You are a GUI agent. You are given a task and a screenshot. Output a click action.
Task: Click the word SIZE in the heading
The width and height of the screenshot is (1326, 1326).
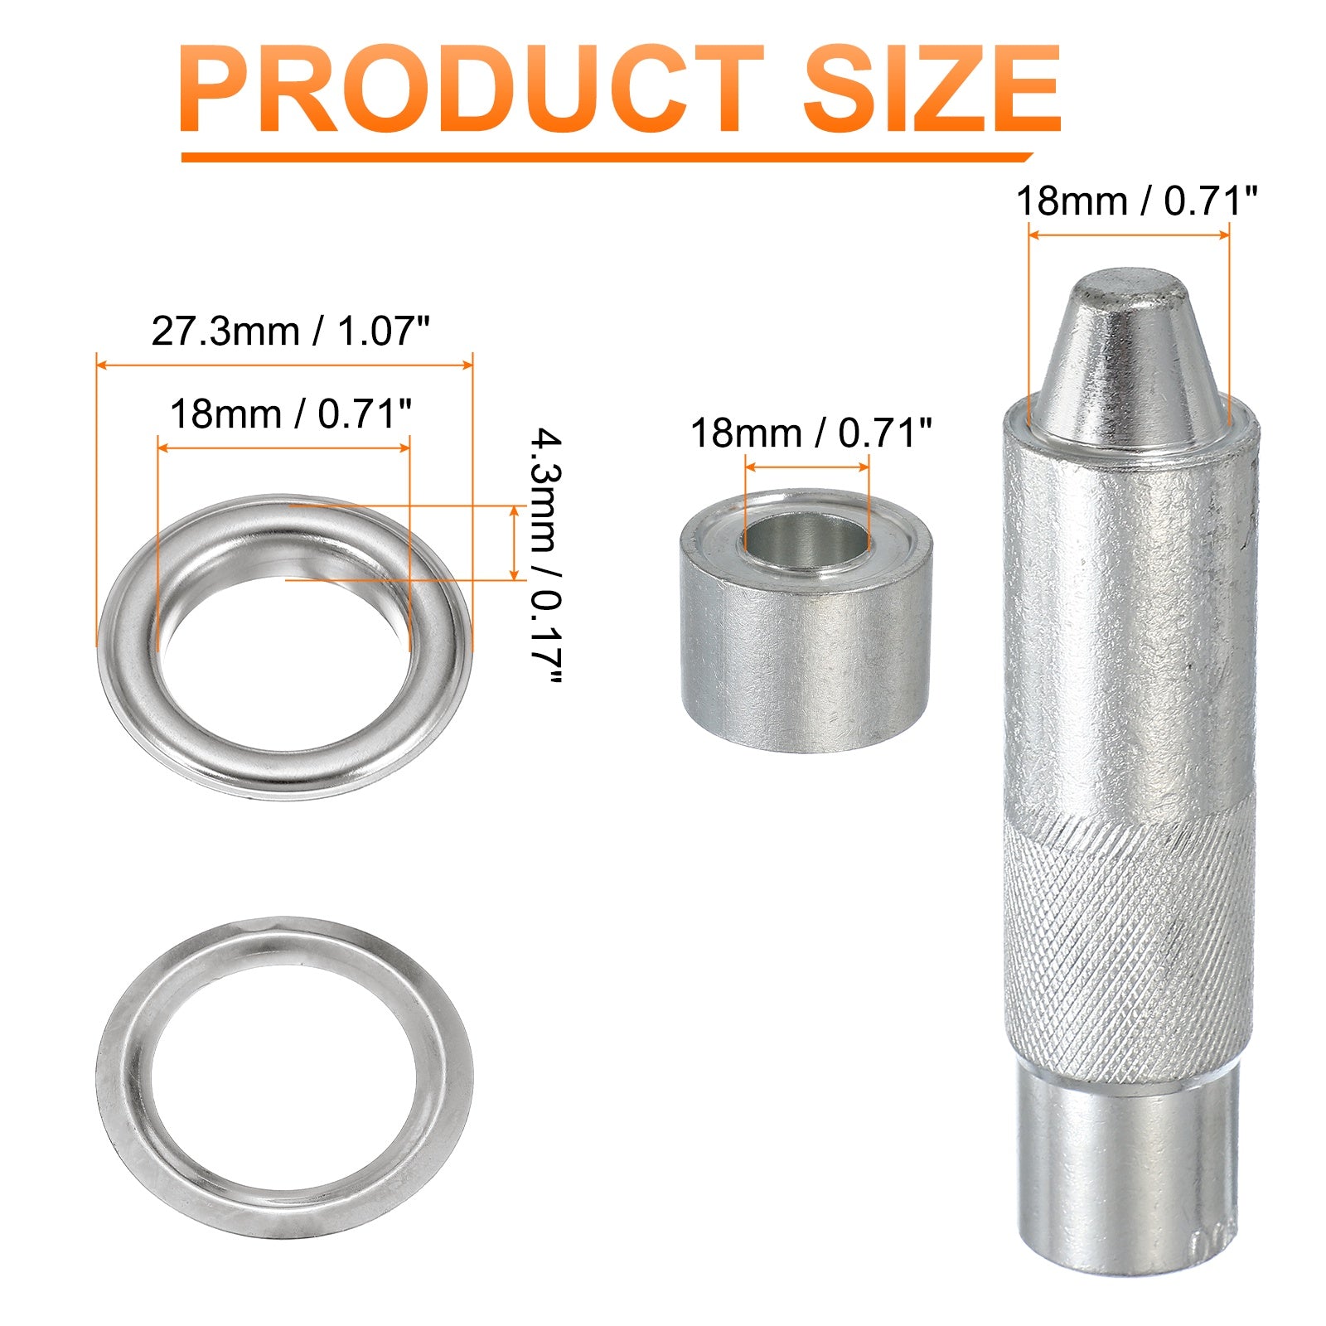(932, 89)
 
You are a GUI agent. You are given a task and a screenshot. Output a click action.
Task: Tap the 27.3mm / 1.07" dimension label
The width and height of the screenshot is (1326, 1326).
(292, 331)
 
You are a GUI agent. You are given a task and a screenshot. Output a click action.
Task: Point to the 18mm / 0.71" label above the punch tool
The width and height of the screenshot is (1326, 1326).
(1137, 201)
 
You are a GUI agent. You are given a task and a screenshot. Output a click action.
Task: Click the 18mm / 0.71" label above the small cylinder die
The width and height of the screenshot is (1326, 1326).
(811, 433)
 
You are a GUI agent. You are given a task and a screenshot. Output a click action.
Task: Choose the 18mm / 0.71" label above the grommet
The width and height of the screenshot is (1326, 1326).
(291, 413)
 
